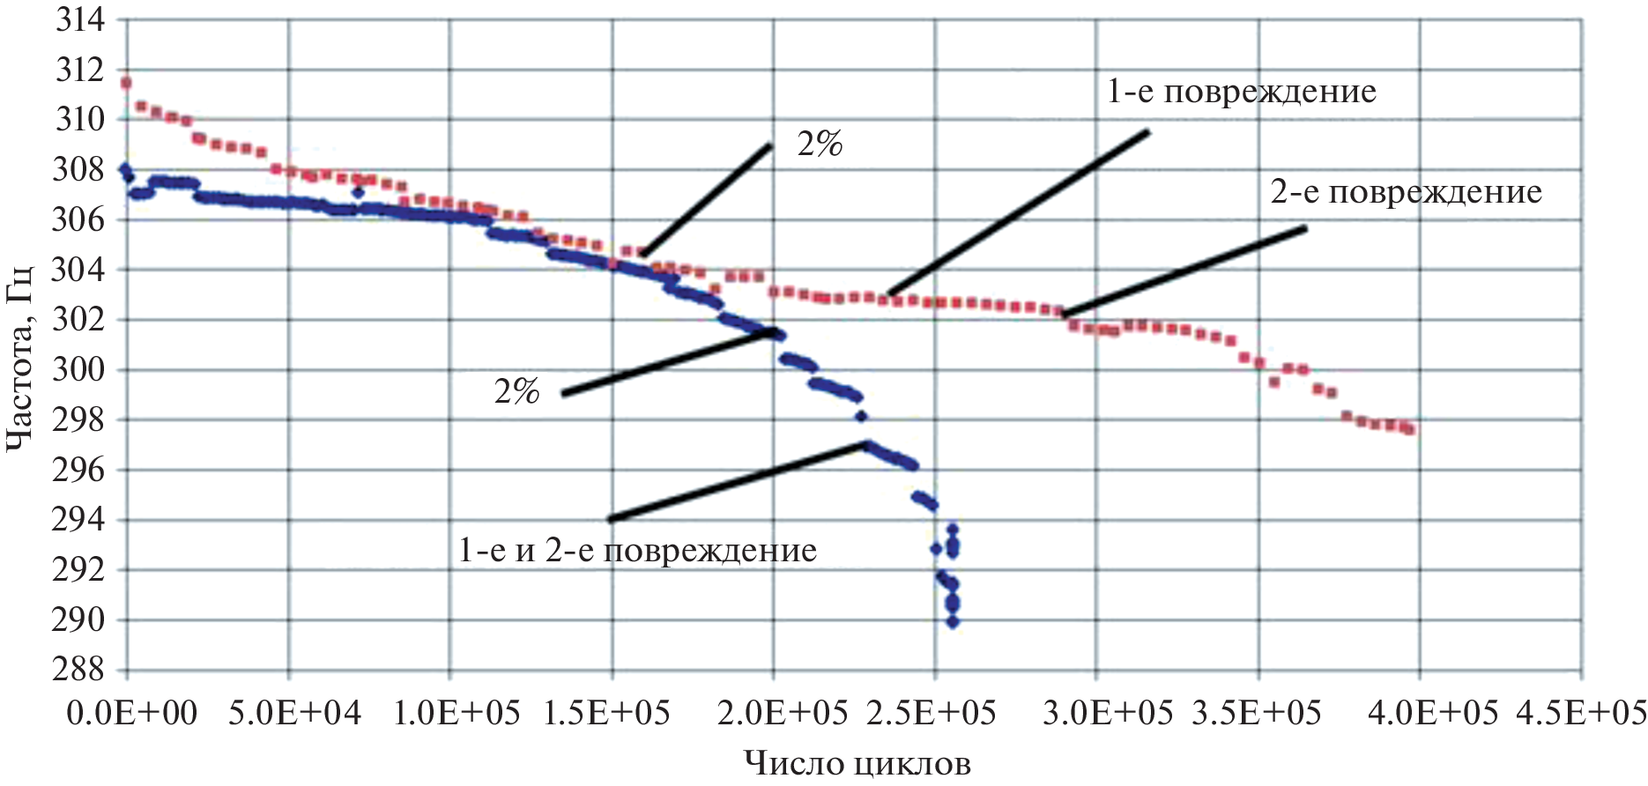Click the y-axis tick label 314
[x=79, y=19]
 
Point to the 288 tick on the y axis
[x=79, y=670]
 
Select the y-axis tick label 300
[x=79, y=369]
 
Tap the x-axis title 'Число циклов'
[x=857, y=763]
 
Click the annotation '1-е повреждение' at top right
[x=1241, y=92]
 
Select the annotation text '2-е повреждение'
[x=1406, y=192]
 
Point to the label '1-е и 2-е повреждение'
[x=637, y=551]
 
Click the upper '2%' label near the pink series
[x=820, y=145]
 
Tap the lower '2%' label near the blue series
[x=516, y=391]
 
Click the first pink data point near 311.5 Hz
[x=126, y=83]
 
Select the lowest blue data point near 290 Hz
[x=953, y=621]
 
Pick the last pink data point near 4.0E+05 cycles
[x=1410, y=429]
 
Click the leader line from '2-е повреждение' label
[x=1185, y=271]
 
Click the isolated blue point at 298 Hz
[x=861, y=416]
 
